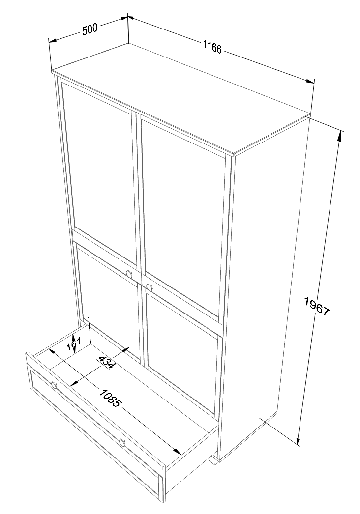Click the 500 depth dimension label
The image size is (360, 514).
(x=90, y=30)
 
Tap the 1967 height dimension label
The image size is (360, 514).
(x=316, y=307)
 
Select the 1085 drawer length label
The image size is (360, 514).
(x=110, y=398)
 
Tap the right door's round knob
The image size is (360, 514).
(x=150, y=287)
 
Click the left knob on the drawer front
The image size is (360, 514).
(x=54, y=385)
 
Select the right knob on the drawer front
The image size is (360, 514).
(x=122, y=443)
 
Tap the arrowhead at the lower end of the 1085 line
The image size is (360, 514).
(x=177, y=451)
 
